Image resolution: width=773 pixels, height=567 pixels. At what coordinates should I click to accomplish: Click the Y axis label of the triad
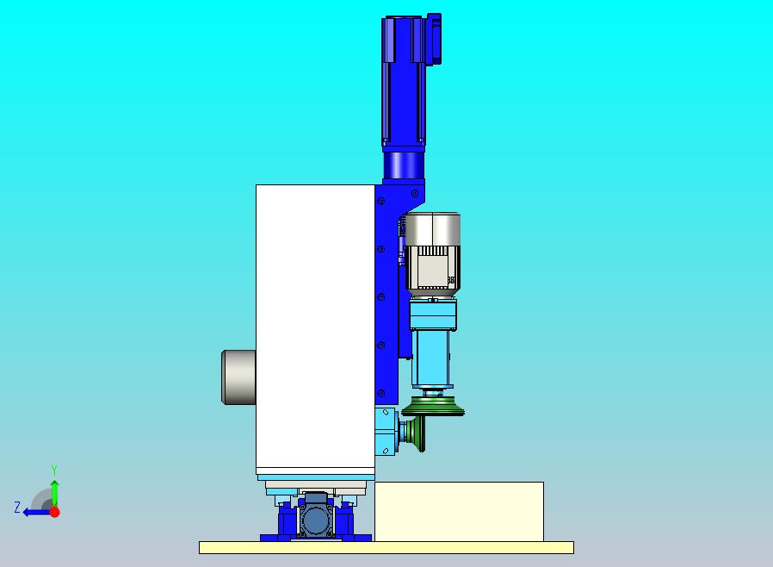click(54, 470)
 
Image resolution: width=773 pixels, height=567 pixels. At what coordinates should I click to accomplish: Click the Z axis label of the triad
click(17, 507)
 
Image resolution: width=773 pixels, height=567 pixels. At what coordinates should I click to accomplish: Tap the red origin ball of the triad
click(55, 512)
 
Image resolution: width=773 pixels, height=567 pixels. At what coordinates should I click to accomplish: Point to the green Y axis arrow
click(55, 493)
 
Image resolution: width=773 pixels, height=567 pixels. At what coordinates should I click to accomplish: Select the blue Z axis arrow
click(37, 513)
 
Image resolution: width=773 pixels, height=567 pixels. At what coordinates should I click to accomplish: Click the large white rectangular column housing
click(316, 326)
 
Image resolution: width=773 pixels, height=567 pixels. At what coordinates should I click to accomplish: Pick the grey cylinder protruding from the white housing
click(238, 377)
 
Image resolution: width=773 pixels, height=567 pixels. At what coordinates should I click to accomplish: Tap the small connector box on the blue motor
click(434, 39)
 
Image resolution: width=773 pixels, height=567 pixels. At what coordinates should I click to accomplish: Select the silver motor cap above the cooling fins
click(433, 229)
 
